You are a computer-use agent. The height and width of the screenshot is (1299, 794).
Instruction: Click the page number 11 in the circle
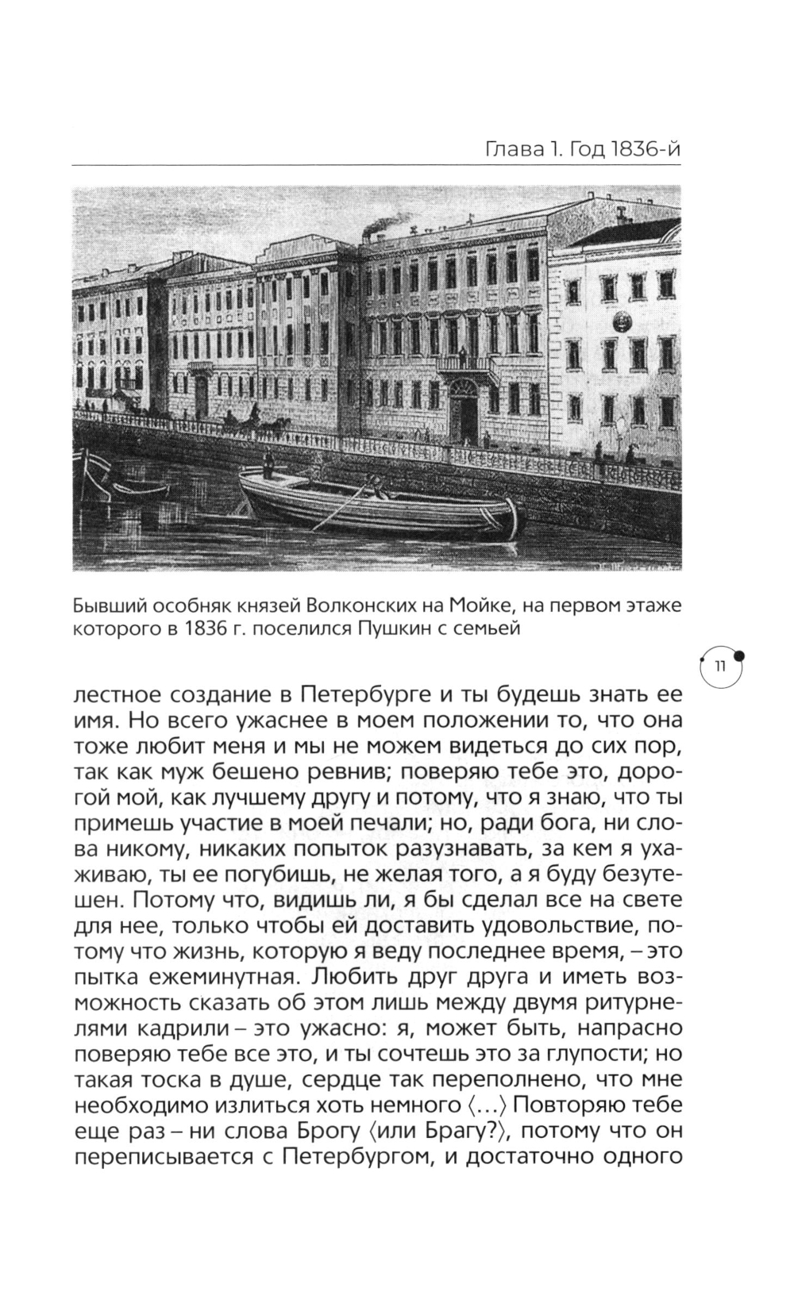click(719, 667)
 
